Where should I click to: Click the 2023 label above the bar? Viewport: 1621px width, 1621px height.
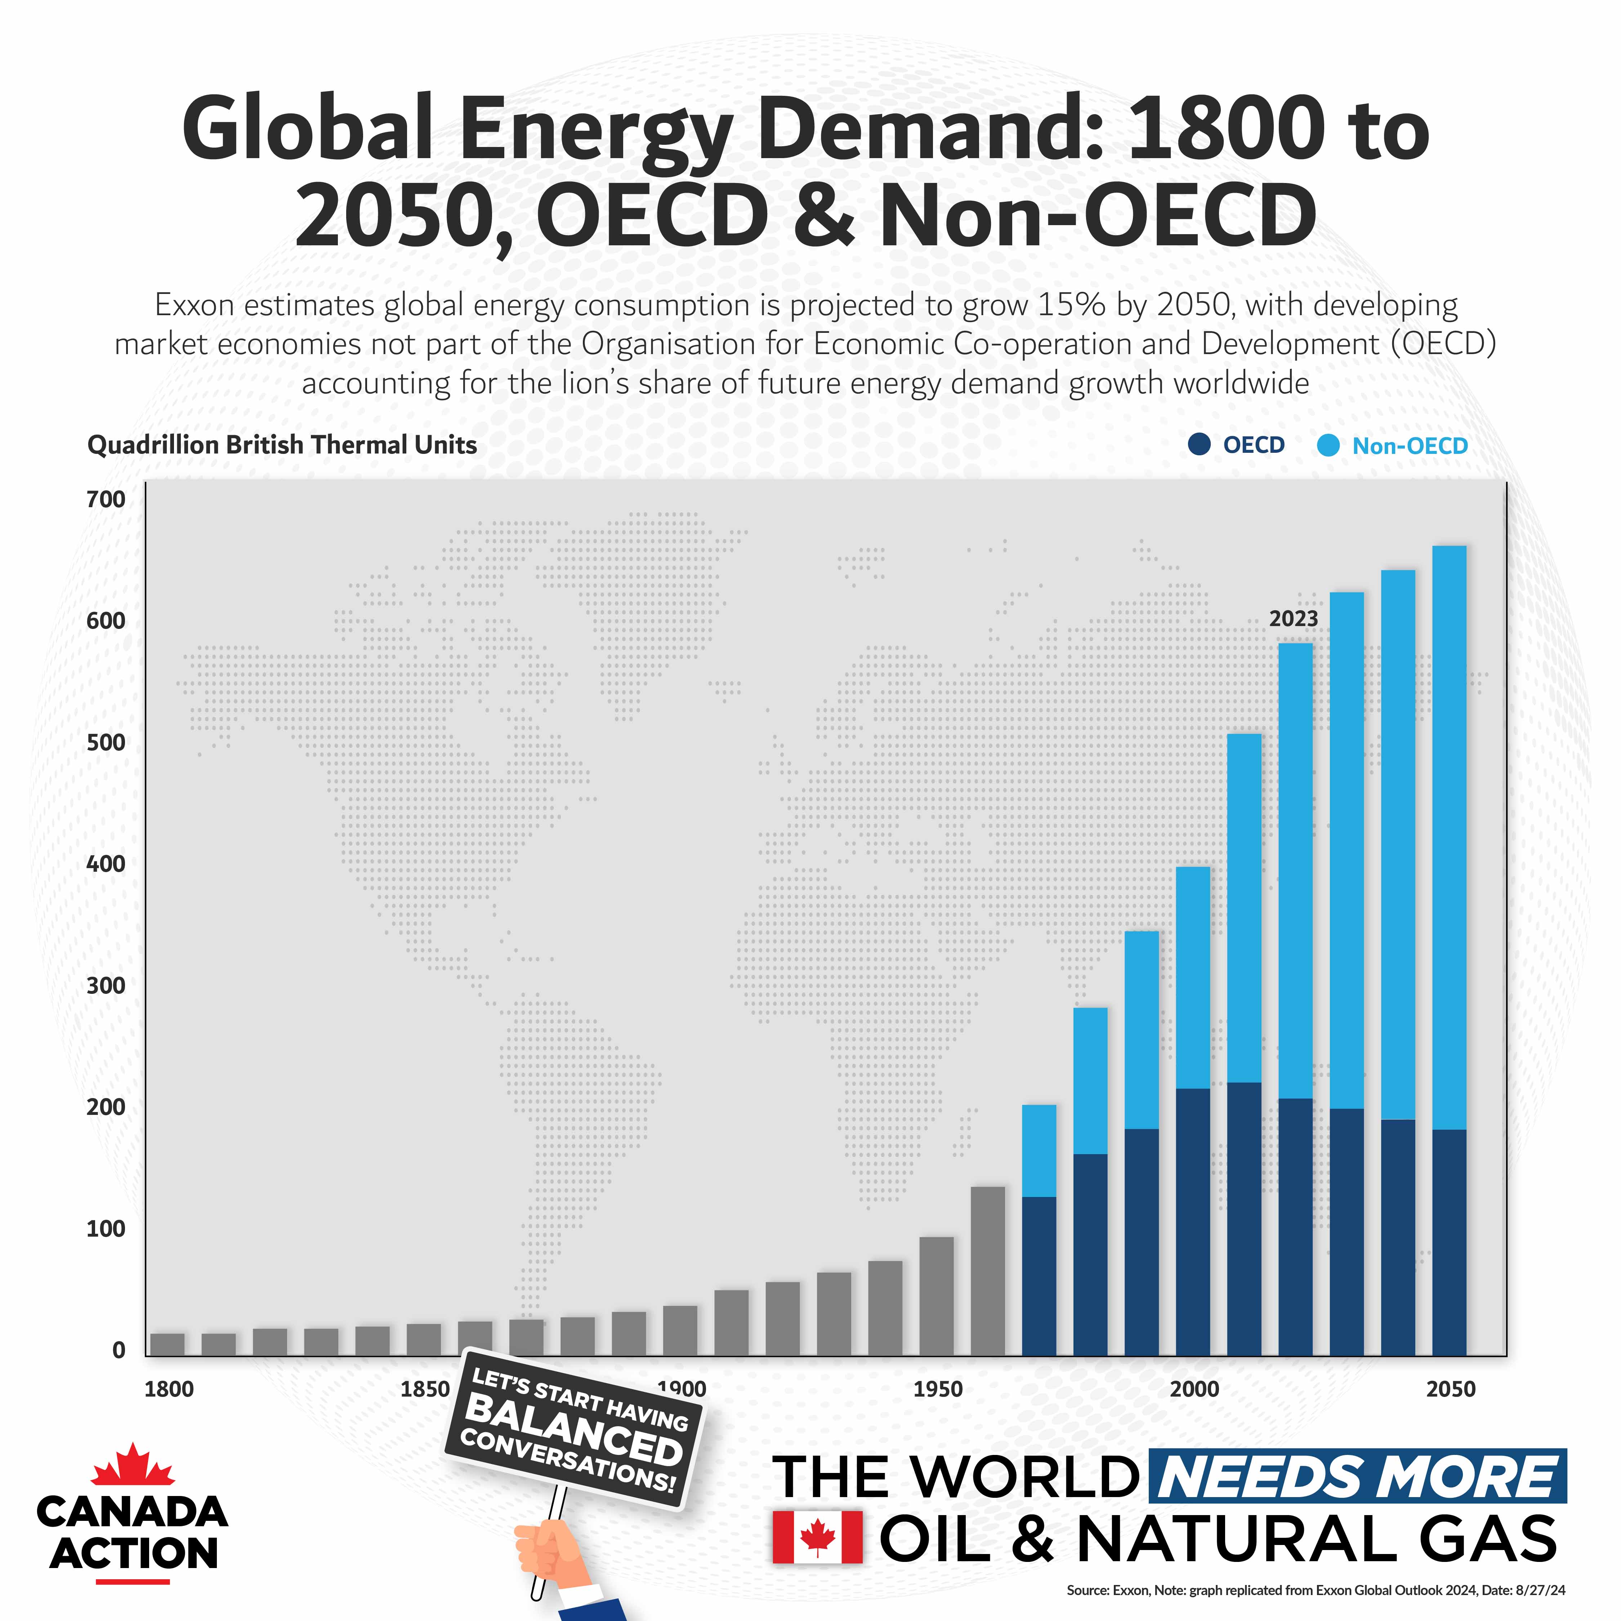point(1293,619)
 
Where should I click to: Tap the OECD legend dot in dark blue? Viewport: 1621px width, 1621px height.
point(1199,445)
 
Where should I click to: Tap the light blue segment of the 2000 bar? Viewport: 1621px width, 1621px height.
point(1192,978)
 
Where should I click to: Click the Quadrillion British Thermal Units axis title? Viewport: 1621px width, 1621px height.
point(282,445)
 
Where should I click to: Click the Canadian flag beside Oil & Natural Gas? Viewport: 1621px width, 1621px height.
point(816,1537)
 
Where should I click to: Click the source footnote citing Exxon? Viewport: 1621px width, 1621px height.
point(1315,1589)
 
